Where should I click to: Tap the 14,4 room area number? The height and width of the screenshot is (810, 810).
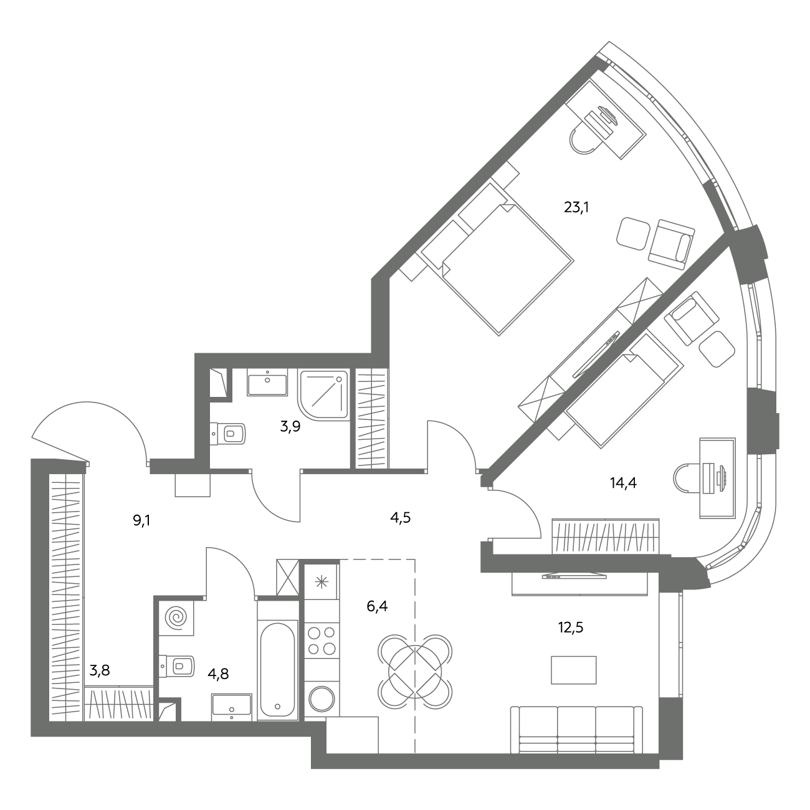click(623, 483)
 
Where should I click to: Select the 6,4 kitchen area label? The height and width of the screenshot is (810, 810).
click(377, 606)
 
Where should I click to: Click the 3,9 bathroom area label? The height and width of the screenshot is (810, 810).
click(290, 427)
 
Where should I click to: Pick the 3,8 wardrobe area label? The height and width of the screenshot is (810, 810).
click(100, 670)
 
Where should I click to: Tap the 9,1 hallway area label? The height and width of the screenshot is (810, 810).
click(141, 522)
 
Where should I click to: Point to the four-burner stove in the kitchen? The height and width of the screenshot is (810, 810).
click(322, 641)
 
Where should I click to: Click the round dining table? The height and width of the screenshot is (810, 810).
click(416, 671)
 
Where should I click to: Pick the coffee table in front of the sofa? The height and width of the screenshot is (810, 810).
click(573, 670)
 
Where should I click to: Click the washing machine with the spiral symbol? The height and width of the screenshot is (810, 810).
click(176, 618)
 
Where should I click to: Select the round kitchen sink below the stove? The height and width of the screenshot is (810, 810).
click(322, 699)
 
